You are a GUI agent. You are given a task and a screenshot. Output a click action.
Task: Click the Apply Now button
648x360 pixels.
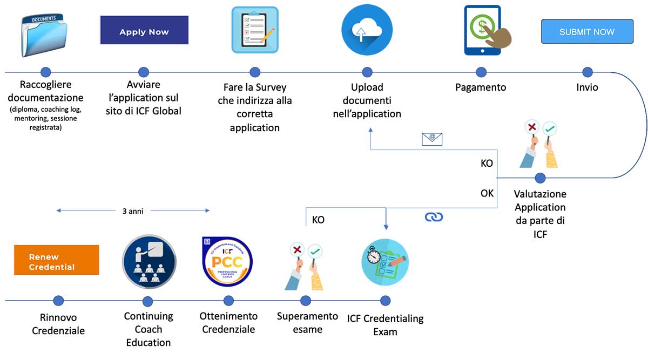pos(144,30)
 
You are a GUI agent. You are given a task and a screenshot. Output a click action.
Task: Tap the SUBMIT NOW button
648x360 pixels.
pos(587,32)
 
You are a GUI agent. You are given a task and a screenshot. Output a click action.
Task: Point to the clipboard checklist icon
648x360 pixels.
pos(255,30)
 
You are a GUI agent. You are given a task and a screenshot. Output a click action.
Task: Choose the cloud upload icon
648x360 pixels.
pos(367,30)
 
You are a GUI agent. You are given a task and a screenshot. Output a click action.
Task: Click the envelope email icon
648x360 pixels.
pos(432,138)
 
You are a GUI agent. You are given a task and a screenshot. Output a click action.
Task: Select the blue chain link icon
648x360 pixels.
pos(434,216)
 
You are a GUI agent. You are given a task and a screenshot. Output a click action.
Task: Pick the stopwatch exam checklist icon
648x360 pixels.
pos(384,262)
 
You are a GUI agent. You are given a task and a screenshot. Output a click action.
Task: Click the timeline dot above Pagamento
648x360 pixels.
pos(480,72)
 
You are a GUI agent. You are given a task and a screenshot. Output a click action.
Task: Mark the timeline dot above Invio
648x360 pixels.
pos(588,72)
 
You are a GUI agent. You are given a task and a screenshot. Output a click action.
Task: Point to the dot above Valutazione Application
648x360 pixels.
pos(540,178)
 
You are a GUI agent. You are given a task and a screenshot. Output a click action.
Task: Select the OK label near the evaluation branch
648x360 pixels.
pos(487,192)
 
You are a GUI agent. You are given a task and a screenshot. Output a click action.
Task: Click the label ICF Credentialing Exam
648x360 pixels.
pos(385,324)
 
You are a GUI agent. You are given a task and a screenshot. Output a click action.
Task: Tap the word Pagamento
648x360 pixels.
pos(481,87)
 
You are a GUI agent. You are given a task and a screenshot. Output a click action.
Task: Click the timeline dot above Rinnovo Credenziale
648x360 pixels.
pos(58,301)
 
